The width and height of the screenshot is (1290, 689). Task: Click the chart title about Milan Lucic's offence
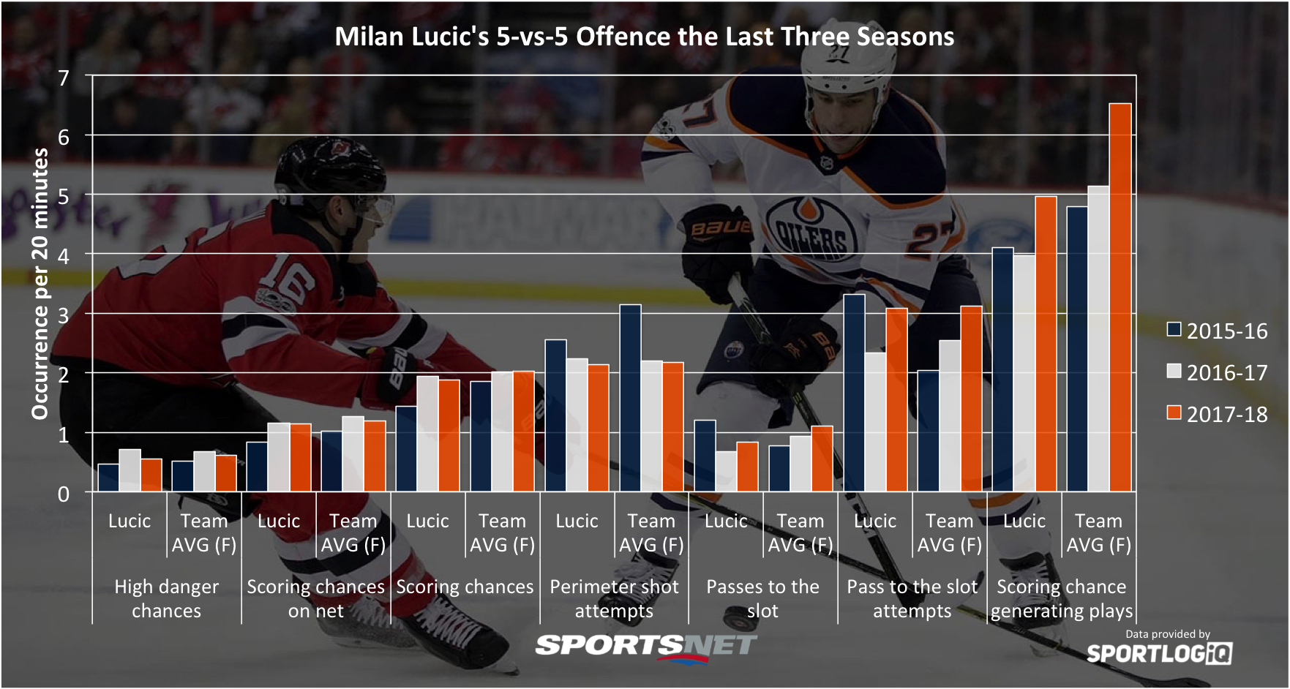point(644,37)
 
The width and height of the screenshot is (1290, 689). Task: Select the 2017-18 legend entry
point(1218,414)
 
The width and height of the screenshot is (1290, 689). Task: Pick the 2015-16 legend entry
point(1218,331)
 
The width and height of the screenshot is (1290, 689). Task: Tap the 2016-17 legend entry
point(1218,372)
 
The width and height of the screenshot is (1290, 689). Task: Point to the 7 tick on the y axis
point(64,78)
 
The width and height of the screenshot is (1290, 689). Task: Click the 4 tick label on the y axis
point(64,256)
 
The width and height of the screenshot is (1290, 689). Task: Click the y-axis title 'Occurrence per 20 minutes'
point(40,284)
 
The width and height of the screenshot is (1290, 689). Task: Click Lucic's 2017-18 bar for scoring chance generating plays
point(1046,344)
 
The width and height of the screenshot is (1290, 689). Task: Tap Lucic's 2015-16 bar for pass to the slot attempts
point(854,393)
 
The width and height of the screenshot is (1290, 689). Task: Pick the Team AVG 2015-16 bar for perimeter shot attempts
point(630,398)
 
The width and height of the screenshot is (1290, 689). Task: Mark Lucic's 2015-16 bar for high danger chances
point(108,478)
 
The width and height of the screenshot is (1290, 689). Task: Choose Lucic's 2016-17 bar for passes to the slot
point(726,472)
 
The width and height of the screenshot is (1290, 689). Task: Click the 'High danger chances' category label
point(166,598)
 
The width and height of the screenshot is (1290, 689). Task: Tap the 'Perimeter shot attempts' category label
point(614,598)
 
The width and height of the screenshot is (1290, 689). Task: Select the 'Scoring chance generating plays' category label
point(1061,598)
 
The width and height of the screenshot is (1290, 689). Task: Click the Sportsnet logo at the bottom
point(645,646)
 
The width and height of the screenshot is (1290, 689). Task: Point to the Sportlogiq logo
point(1159,652)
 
